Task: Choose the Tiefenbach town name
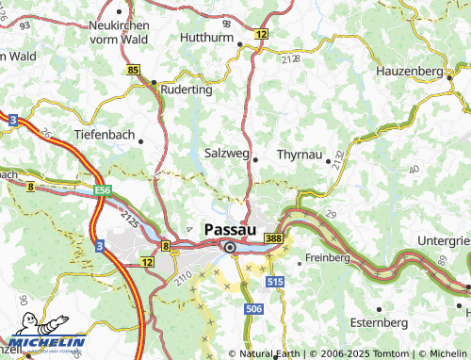click(x=105, y=135)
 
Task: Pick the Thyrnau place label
click(x=300, y=153)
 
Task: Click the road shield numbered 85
click(x=133, y=71)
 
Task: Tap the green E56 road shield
click(x=103, y=190)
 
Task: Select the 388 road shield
click(x=273, y=240)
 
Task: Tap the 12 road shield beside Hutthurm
click(x=260, y=33)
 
